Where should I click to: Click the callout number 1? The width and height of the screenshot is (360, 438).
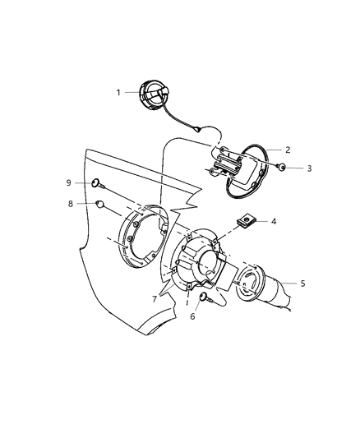pyautogui.click(x=118, y=93)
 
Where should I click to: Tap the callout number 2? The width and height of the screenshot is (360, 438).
pyautogui.click(x=288, y=150)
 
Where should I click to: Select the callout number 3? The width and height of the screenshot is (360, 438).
pyautogui.click(x=310, y=168)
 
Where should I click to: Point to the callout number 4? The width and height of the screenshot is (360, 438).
pyautogui.click(x=275, y=221)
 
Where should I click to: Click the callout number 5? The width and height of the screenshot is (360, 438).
pyautogui.click(x=302, y=283)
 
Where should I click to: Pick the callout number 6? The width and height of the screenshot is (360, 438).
pyautogui.click(x=193, y=316)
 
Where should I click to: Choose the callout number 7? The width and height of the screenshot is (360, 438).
pyautogui.click(x=154, y=300)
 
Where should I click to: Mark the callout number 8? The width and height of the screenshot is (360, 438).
pyautogui.click(x=71, y=203)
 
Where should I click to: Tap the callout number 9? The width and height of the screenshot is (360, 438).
pyautogui.click(x=70, y=182)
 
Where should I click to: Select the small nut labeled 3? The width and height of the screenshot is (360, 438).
pyautogui.click(x=281, y=168)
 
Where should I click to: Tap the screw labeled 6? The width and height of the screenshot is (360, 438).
pyautogui.click(x=204, y=298)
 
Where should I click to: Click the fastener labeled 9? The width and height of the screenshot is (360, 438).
pyautogui.click(x=97, y=182)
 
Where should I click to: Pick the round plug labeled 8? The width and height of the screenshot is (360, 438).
pyautogui.click(x=99, y=203)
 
